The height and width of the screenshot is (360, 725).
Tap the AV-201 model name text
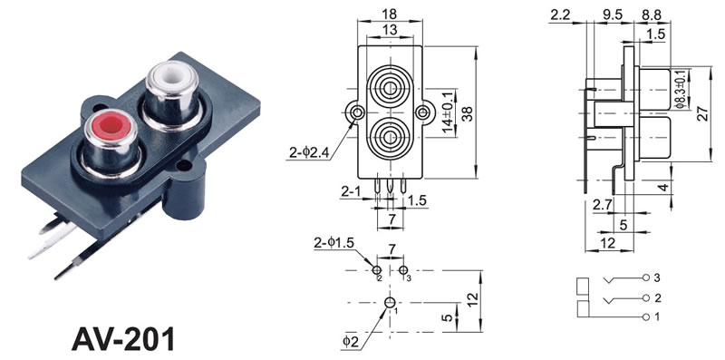pyautogui.click(x=123, y=339)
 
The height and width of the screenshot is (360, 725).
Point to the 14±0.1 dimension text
pyautogui.click(x=447, y=113)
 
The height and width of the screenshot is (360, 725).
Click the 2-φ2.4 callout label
pyautogui.click(x=309, y=152)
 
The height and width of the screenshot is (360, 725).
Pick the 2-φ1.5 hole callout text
pyautogui.click(x=333, y=242)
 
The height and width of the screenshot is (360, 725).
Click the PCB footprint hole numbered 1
pyautogui.click(x=390, y=303)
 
